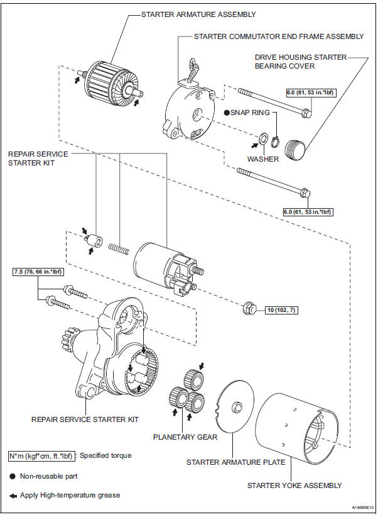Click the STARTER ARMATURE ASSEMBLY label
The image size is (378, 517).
[198, 14]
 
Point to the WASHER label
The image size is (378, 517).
[263, 159]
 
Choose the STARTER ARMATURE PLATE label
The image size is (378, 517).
[235, 462]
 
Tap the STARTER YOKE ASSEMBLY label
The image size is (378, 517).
[294, 485]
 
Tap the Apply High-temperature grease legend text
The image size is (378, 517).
[69, 495]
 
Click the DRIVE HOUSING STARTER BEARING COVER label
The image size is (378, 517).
[300, 61]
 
